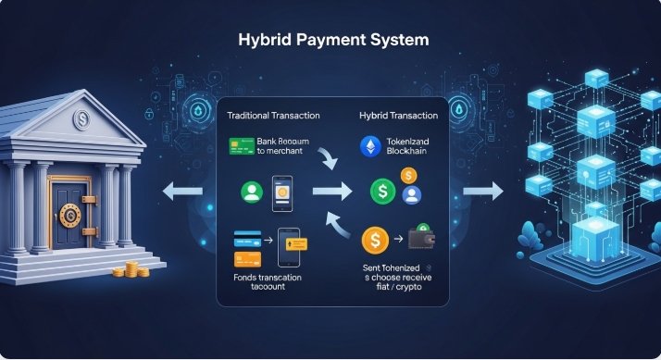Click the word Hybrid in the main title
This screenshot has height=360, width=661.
[x=265, y=42]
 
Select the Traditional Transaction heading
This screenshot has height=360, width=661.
[x=273, y=116]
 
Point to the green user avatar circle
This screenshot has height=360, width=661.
[x=251, y=192]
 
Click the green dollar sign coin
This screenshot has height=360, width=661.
[x=382, y=193]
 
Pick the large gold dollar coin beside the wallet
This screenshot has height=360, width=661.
[x=375, y=241]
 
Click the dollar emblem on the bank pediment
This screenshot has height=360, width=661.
[x=81, y=119]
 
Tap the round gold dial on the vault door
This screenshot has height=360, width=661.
[x=69, y=216]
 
